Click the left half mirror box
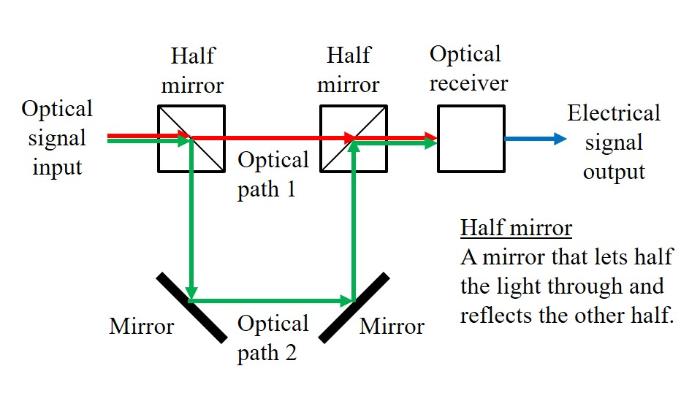pyautogui.click(x=191, y=139)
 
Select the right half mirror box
pyautogui.click(x=354, y=139)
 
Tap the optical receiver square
pyautogui.click(x=471, y=139)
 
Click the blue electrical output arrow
pyautogui.click(x=535, y=139)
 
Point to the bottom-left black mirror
pyautogui.click(x=191, y=307)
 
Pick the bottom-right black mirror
pyautogui.click(x=354, y=307)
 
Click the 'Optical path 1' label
pyautogui.click(x=273, y=175)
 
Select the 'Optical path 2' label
pyautogui.click(x=273, y=338)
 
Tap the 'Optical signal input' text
pyautogui.click(x=57, y=138)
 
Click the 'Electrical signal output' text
pyautogui.click(x=614, y=142)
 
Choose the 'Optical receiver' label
pyautogui.click(x=468, y=69)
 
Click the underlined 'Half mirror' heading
pyautogui.click(x=516, y=228)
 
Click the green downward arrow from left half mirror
pyautogui.click(x=191, y=219)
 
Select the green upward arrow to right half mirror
pyautogui.click(x=354, y=219)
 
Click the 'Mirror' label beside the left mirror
pyautogui.click(x=142, y=326)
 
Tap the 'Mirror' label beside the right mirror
pyautogui.click(x=392, y=326)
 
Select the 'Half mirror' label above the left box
pyautogui.click(x=191, y=70)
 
